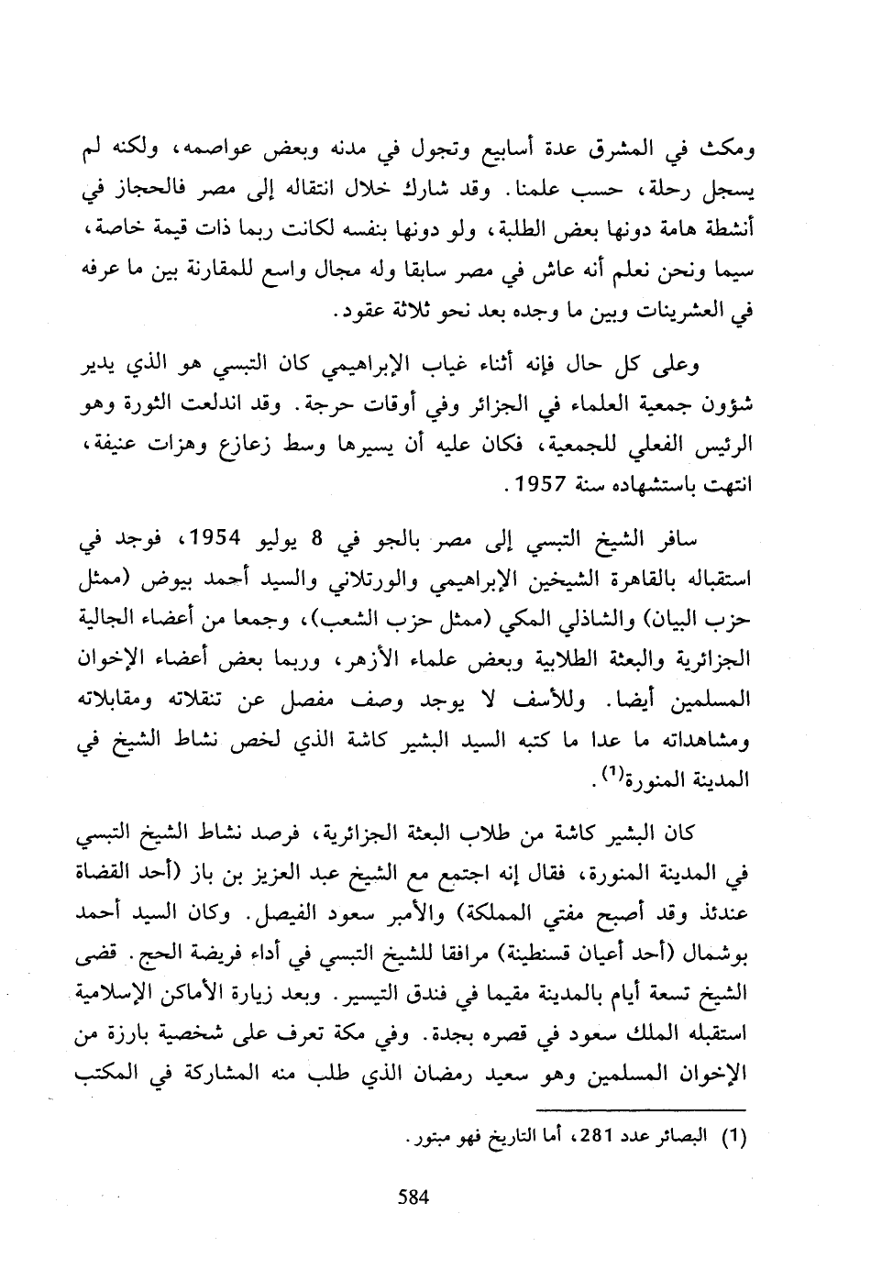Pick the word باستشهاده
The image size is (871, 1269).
(645, 485)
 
